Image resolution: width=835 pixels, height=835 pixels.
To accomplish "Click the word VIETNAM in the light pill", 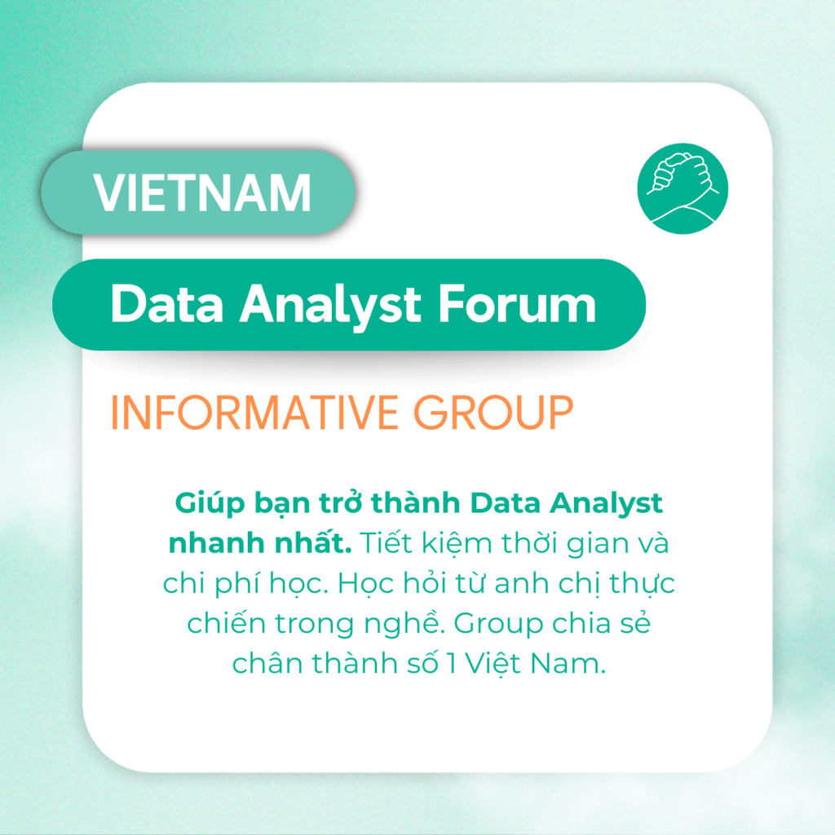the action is click(x=202, y=192).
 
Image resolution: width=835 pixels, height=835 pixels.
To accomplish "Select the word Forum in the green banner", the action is click(x=516, y=304).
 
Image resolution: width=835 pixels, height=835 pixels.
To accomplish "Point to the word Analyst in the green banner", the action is click(x=330, y=307).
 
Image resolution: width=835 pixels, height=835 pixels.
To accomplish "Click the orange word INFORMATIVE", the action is click(x=254, y=412).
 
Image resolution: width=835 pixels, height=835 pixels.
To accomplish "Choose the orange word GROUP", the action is click(x=493, y=412).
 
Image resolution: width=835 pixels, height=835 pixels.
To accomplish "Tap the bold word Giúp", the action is click(x=210, y=503).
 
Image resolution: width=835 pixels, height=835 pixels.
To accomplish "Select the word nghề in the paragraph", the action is click(x=404, y=624).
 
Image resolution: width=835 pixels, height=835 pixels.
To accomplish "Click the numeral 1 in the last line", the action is click(x=452, y=664).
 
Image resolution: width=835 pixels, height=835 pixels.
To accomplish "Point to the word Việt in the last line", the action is click(x=493, y=663).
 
